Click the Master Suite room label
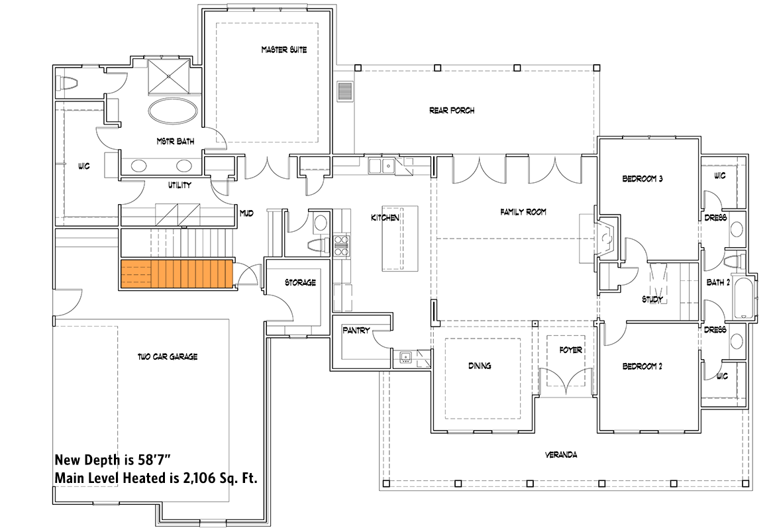283,50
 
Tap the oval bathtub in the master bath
172,110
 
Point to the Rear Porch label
452,111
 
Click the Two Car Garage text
168,357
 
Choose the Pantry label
356,330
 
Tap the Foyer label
570,350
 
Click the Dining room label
480,366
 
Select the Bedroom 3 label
642,179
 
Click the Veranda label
561,455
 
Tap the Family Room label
523,213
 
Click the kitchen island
401,238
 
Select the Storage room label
300,282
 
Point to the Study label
652,299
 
